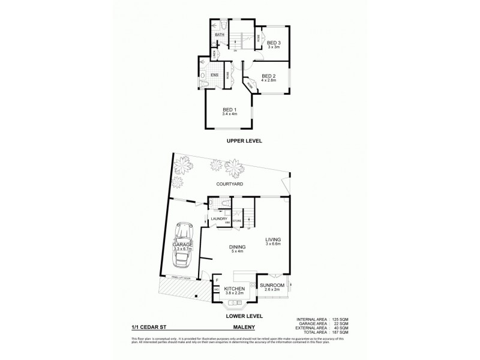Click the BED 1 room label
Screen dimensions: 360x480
tap(228, 110)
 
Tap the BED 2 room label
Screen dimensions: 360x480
tap(268, 76)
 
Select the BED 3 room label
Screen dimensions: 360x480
tap(274, 43)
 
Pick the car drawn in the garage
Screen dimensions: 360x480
tap(181, 254)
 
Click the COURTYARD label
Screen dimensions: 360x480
tap(233, 185)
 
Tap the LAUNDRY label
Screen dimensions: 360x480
tap(218, 218)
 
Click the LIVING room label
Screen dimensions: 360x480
tap(274, 239)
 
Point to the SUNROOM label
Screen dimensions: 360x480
tap(273, 286)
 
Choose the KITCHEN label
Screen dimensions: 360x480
tap(235, 289)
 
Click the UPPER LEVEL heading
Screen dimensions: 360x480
tap(244, 141)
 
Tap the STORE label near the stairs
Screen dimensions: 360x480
tap(236, 221)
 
